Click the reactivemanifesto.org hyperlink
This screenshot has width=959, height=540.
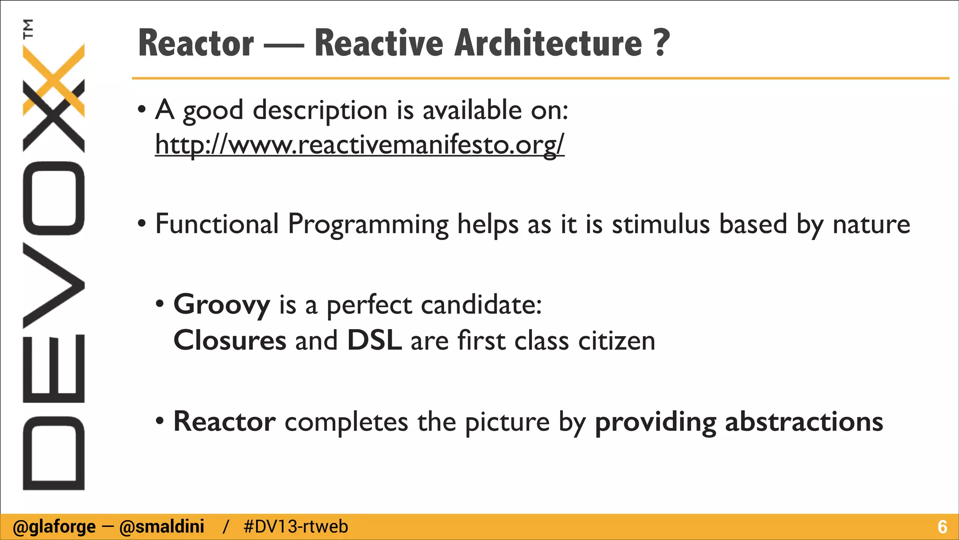click(x=360, y=144)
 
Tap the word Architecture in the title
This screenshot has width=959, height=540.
click(x=548, y=43)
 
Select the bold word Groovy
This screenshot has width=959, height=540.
click(x=221, y=305)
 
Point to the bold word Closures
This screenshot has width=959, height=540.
click(x=229, y=340)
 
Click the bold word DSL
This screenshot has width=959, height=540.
click(x=374, y=340)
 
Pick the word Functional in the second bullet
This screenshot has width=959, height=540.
click(x=217, y=224)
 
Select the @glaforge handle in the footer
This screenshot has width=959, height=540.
click(x=54, y=527)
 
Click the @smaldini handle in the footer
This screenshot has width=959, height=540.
click(x=162, y=527)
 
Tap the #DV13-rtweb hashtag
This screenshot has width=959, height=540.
click(x=296, y=527)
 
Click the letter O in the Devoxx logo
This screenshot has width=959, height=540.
click(x=53, y=198)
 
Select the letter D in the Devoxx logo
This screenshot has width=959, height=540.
click(x=53, y=453)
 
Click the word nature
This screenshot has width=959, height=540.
click(x=871, y=224)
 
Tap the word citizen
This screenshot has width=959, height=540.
click(x=616, y=340)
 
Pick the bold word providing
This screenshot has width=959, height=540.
click(x=655, y=421)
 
